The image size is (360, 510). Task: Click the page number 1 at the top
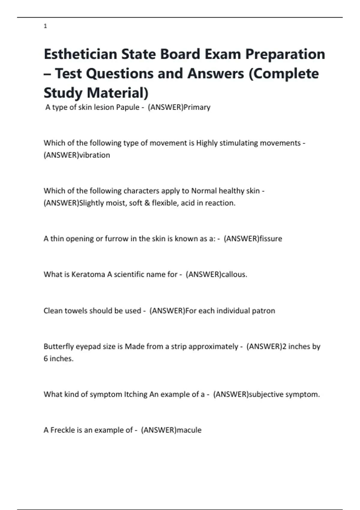[45, 26]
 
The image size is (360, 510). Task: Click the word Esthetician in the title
[80, 54]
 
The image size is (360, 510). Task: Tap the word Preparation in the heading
[285, 54]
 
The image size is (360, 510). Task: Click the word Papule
[128, 107]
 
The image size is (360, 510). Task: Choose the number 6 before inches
[46, 359]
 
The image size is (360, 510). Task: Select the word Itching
[136, 394]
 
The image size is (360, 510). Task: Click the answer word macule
[189, 430]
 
